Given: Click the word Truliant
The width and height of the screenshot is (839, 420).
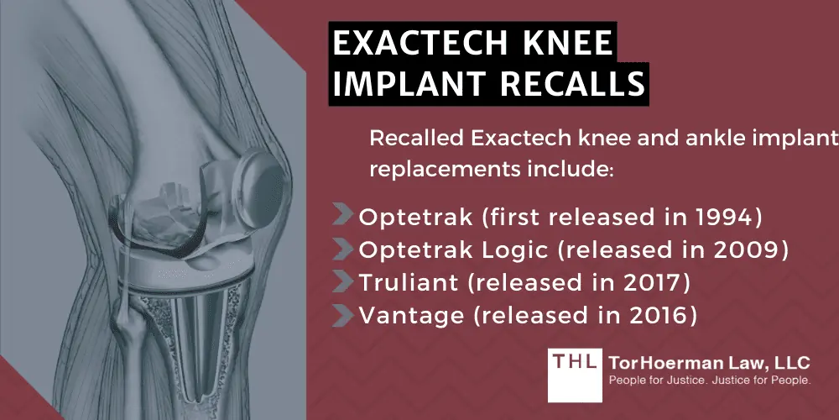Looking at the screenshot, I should click(x=399, y=283).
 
